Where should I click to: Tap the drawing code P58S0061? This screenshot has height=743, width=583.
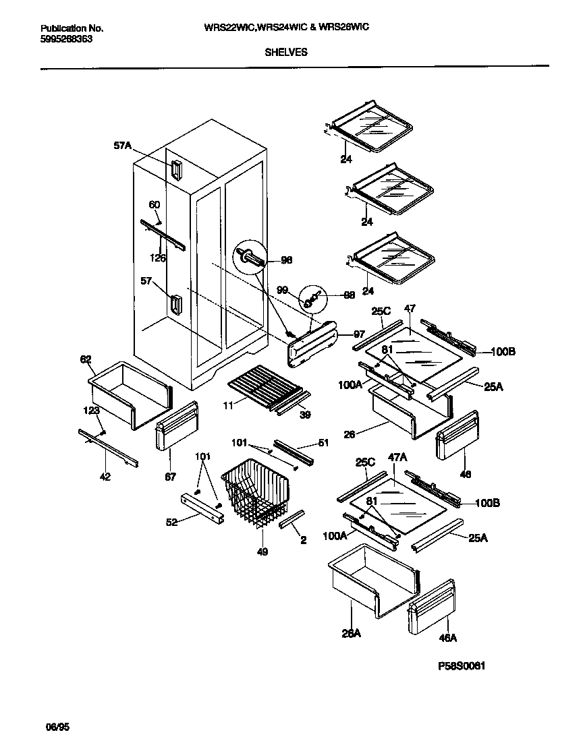(x=462, y=666)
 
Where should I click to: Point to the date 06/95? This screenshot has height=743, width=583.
(x=57, y=728)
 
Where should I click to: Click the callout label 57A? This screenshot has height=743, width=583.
(x=122, y=145)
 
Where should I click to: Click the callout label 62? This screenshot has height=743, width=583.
(x=86, y=359)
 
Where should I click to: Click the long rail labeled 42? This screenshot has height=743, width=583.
(x=108, y=448)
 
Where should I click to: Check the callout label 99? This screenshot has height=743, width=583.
(x=283, y=290)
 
